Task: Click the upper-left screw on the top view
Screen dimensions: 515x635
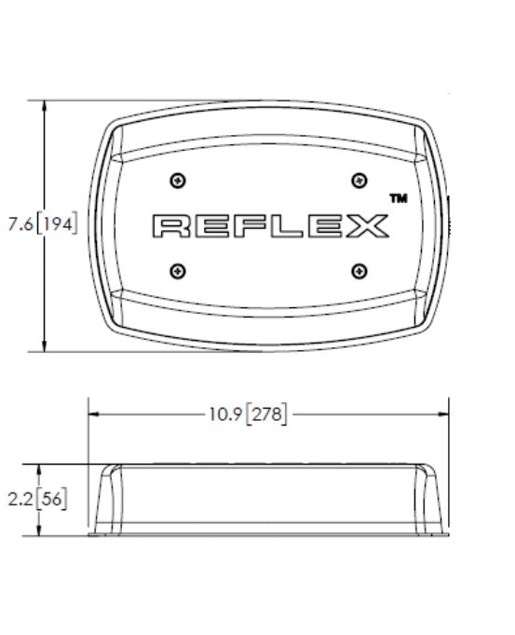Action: tap(178, 181)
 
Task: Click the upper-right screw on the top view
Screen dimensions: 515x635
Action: tap(359, 181)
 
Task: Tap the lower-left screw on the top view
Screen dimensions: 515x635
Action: tap(178, 271)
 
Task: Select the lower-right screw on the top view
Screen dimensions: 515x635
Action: tap(359, 271)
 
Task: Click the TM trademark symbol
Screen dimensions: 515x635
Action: tap(399, 198)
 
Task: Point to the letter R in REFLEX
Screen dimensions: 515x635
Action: tap(171, 226)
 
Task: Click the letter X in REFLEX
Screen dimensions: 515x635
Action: tap(368, 226)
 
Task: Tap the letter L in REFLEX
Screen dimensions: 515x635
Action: tap(287, 226)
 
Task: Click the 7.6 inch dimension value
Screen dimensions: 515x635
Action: tap(20, 224)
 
